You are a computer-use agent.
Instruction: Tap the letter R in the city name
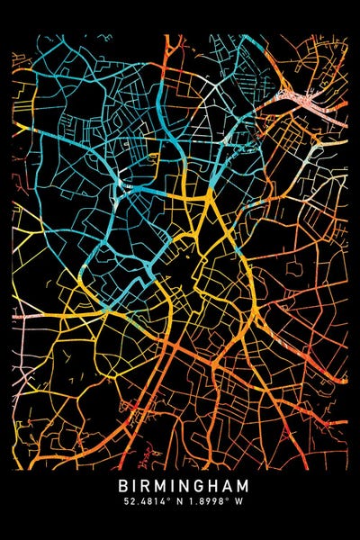click(x=145, y=486)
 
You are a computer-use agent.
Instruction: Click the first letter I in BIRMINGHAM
click(x=134, y=486)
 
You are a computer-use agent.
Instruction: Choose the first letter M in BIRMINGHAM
click(x=159, y=486)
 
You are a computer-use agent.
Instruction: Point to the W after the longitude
click(x=239, y=502)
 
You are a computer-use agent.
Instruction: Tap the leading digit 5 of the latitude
click(x=119, y=502)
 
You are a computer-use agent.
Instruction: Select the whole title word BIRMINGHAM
click(x=180, y=486)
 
